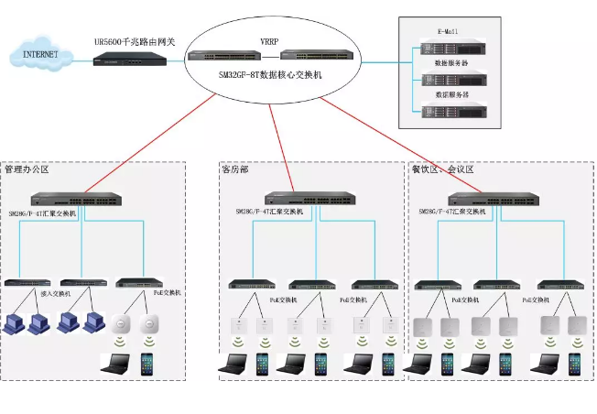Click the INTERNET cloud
coord(40,56)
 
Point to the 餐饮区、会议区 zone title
coord(442,169)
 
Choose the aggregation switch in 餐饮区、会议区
coord(490,198)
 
